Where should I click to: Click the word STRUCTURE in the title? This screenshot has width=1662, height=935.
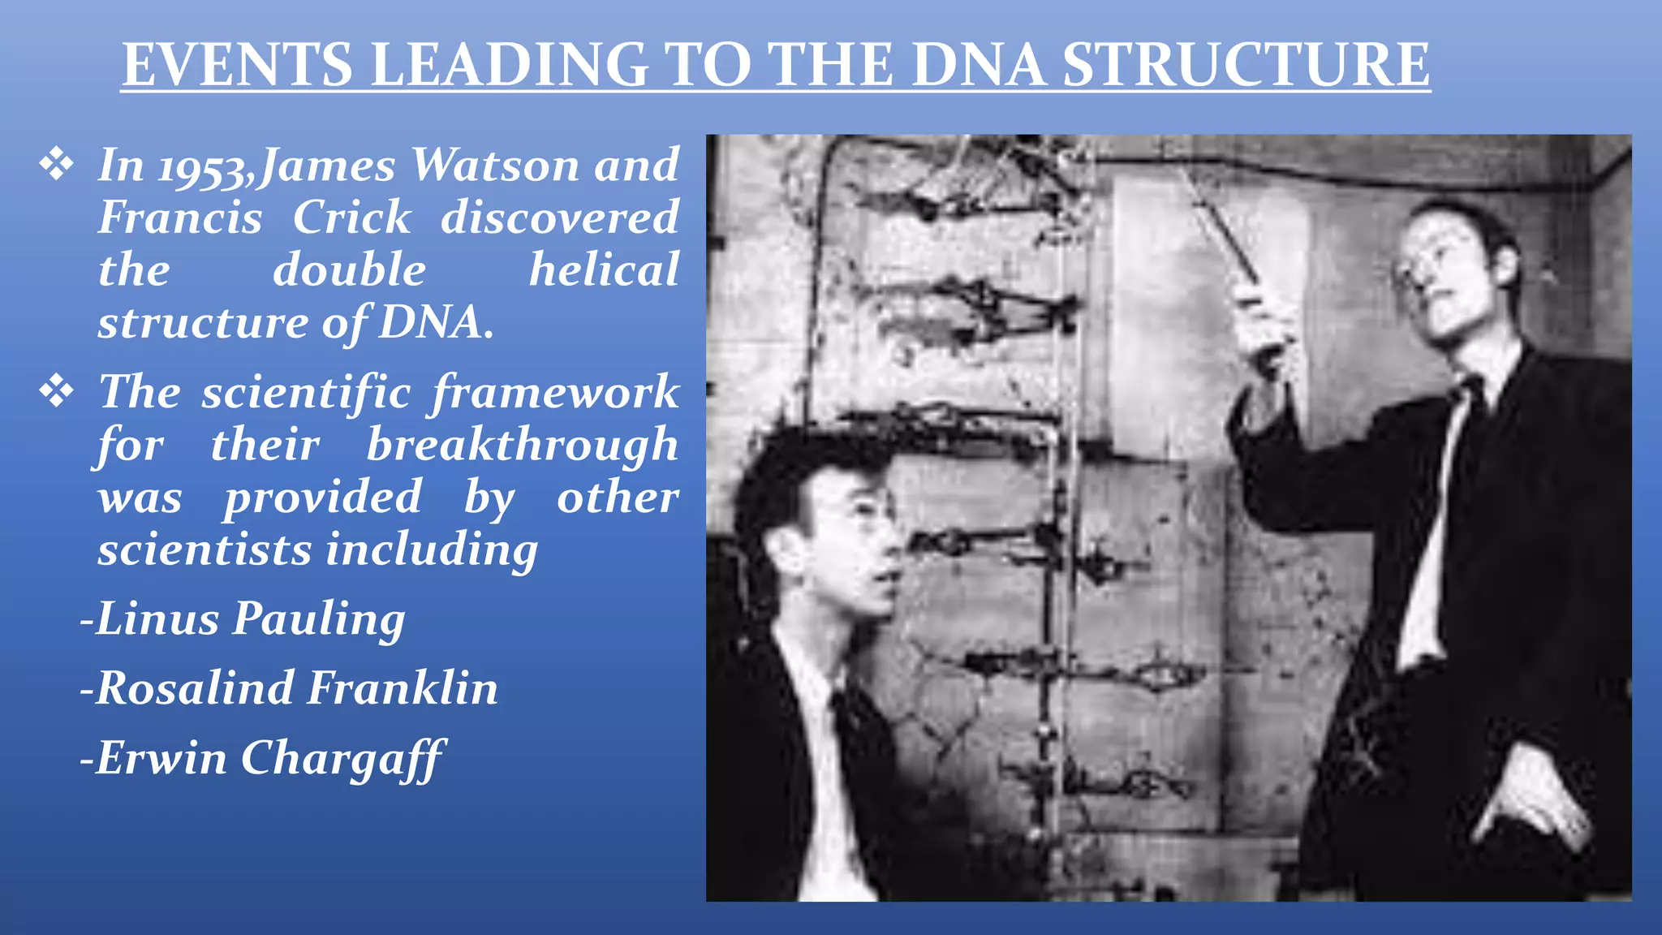pyautogui.click(x=1246, y=65)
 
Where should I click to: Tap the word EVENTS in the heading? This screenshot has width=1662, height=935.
pyautogui.click(x=237, y=65)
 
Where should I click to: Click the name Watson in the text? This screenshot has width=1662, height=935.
pyautogui.click(x=494, y=166)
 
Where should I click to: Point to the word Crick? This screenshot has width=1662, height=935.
pyautogui.click(x=351, y=218)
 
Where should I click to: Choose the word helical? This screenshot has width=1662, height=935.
pyautogui.click(x=604, y=270)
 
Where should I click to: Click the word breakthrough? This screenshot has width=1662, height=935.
pyautogui.click(x=522, y=445)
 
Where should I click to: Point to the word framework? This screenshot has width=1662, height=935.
pyautogui.click(x=555, y=393)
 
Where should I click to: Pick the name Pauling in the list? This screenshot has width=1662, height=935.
pyautogui.click(x=319, y=618)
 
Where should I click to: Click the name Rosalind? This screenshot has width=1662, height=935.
pyautogui.click(x=195, y=688)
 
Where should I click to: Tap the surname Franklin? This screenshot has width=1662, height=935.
pyautogui.click(x=403, y=688)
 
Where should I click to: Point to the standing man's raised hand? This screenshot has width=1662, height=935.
pyautogui.click(x=1262, y=325)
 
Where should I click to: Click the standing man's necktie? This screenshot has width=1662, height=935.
pyautogui.click(x=1461, y=455)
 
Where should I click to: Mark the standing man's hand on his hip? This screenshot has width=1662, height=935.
pyautogui.click(x=1534, y=804)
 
